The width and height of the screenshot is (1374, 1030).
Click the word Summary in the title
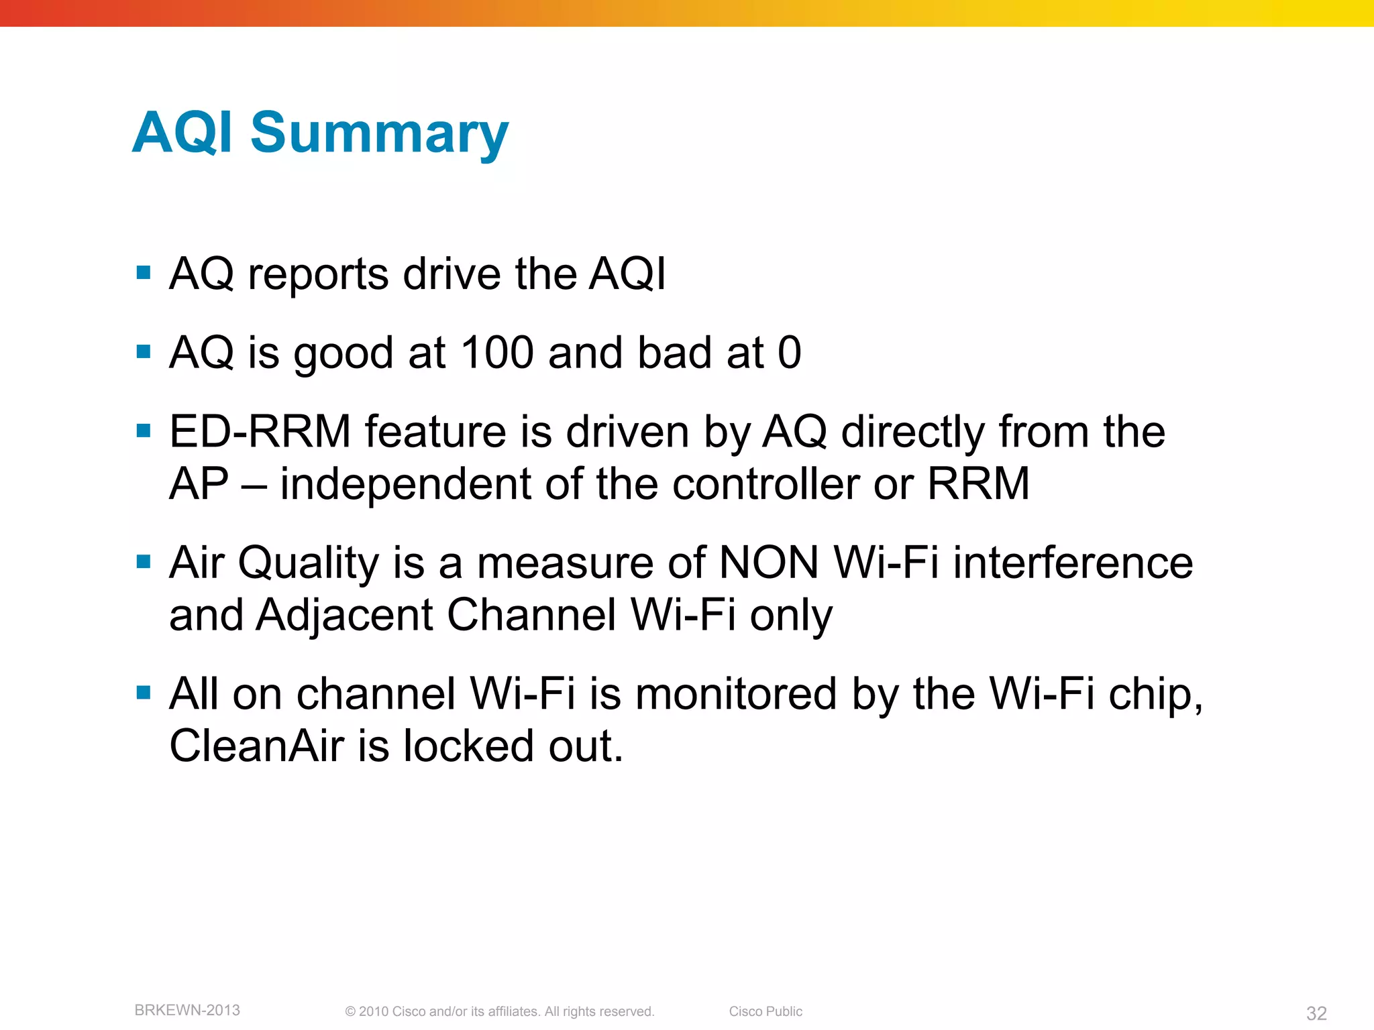click(379, 133)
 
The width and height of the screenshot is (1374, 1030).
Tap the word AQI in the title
click(182, 133)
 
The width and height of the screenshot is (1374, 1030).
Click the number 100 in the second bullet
click(497, 353)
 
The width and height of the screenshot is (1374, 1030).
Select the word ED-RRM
click(260, 431)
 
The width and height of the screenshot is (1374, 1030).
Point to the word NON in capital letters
click(768, 562)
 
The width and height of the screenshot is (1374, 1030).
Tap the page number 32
click(1316, 1013)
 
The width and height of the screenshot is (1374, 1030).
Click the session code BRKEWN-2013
click(187, 1010)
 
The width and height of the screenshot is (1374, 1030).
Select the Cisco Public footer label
click(765, 1011)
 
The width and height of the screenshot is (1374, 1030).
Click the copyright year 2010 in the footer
click(373, 1011)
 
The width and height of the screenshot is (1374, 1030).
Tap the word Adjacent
click(344, 615)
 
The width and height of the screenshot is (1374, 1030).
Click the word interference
click(1073, 562)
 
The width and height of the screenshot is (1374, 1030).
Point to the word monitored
click(735, 693)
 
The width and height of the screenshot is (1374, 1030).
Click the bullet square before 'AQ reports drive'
click(144, 272)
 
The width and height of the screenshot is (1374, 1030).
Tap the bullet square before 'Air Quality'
click(144, 561)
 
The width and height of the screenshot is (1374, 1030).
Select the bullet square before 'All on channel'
click(144, 692)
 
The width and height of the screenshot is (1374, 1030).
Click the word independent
click(405, 483)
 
